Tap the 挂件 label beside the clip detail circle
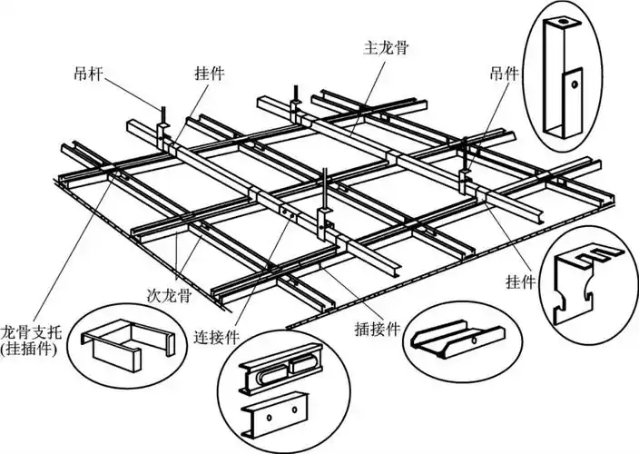tap(522, 284)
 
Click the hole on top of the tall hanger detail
tap(563, 22)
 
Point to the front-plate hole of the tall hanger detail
tap(574, 84)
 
